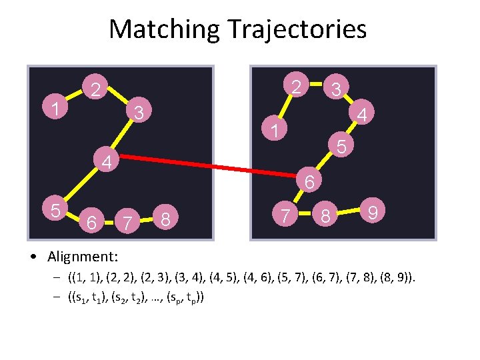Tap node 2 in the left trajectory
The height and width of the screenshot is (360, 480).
point(96,89)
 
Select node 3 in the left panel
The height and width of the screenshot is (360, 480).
point(137,111)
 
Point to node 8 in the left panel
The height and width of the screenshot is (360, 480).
point(168,218)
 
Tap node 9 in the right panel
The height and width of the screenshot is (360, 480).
point(373,212)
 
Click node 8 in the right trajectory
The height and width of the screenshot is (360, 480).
point(326,217)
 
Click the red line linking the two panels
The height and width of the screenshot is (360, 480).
point(200,164)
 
